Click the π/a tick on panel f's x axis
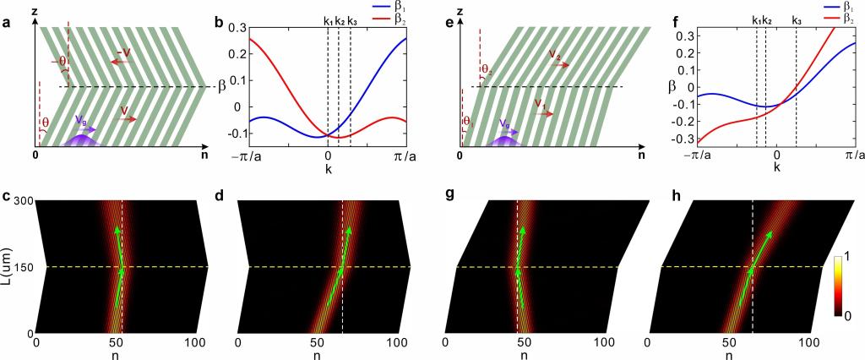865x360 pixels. click(854, 156)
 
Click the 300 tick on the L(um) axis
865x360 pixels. click(21, 200)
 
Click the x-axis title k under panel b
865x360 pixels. click(328, 169)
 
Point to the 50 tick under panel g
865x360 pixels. click(524, 344)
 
